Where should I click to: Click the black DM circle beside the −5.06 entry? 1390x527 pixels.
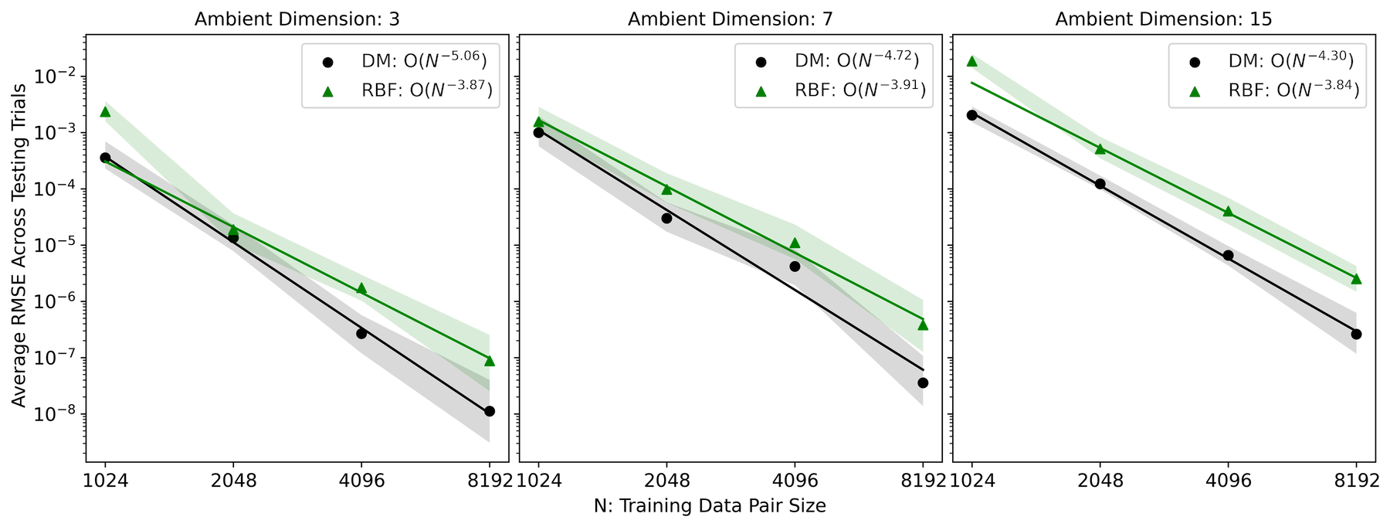[x=327, y=62]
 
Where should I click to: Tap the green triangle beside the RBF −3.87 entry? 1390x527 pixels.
[x=327, y=91]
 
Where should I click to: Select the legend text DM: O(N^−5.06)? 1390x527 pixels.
[x=424, y=60]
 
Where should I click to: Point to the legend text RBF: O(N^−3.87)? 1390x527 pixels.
[x=426, y=90]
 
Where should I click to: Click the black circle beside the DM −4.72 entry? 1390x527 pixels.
[x=761, y=62]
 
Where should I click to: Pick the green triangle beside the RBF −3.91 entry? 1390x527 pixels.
[x=761, y=91]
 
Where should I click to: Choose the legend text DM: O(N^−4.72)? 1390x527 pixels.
[x=857, y=60]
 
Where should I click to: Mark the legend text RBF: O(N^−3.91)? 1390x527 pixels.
[x=859, y=90]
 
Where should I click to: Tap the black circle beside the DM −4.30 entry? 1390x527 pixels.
[x=1195, y=62]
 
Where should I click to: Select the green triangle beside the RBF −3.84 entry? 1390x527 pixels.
[x=1195, y=91]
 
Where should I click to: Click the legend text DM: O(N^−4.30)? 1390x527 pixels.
[x=1291, y=60]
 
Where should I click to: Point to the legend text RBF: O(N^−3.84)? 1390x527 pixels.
[x=1293, y=90]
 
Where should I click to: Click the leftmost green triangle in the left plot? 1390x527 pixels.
[x=105, y=112]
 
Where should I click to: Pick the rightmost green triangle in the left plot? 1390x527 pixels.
[x=490, y=362]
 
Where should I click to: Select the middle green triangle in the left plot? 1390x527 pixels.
[x=234, y=228]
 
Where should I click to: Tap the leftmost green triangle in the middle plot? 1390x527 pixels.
[x=538, y=121]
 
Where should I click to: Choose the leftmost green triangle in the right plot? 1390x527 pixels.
[x=971, y=62]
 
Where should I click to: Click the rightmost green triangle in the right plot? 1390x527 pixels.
[x=1357, y=279]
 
